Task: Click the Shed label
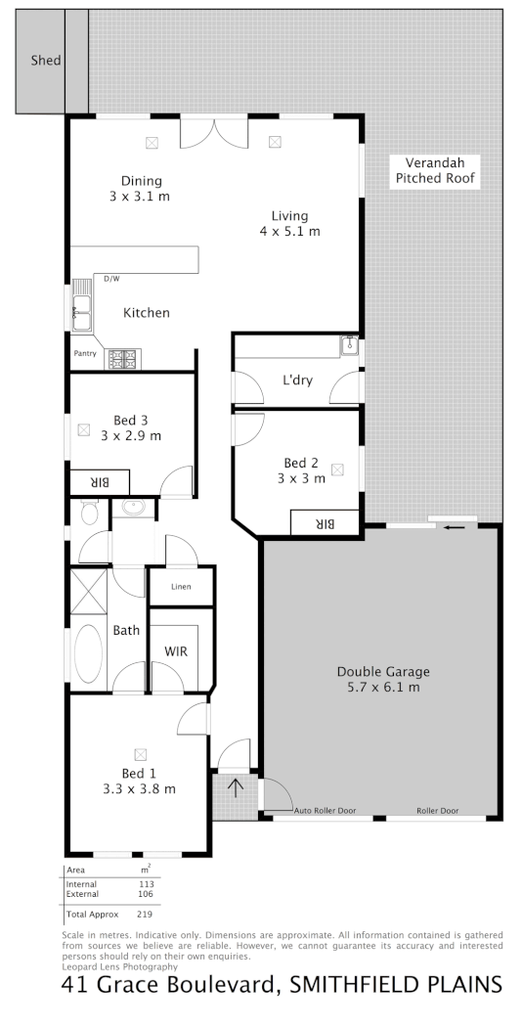pos(46,61)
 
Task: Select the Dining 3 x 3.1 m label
pos(141,188)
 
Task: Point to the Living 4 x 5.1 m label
pos(289,224)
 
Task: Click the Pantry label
pos(85,354)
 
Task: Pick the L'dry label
pos(297,380)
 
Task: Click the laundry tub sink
pos(349,345)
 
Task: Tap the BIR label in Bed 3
pos(99,482)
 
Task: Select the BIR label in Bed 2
pos(325,523)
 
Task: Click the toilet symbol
pos(89,513)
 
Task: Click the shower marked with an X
pos(89,594)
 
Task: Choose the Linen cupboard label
pos(180,587)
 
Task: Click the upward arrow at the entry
pos(235,785)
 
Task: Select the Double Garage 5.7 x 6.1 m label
pos(383,679)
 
